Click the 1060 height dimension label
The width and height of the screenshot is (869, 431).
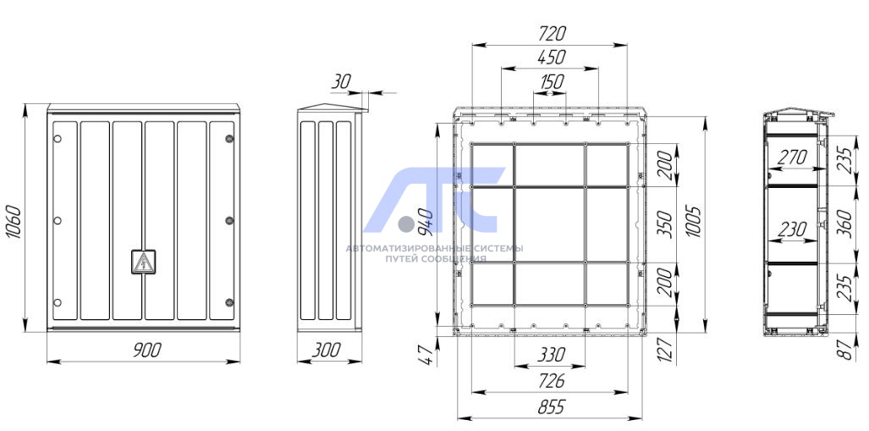pos(14,222)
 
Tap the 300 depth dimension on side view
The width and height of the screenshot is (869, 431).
pos(327,350)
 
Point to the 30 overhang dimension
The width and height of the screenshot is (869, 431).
pos(341,82)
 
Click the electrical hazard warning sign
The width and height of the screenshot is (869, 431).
pos(144,262)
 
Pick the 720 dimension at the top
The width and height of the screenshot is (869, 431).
pos(552,34)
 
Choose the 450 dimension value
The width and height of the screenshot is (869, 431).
pos(552,57)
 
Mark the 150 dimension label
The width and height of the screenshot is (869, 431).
pos(552,82)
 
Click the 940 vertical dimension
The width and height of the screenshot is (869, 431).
pos(426,221)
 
